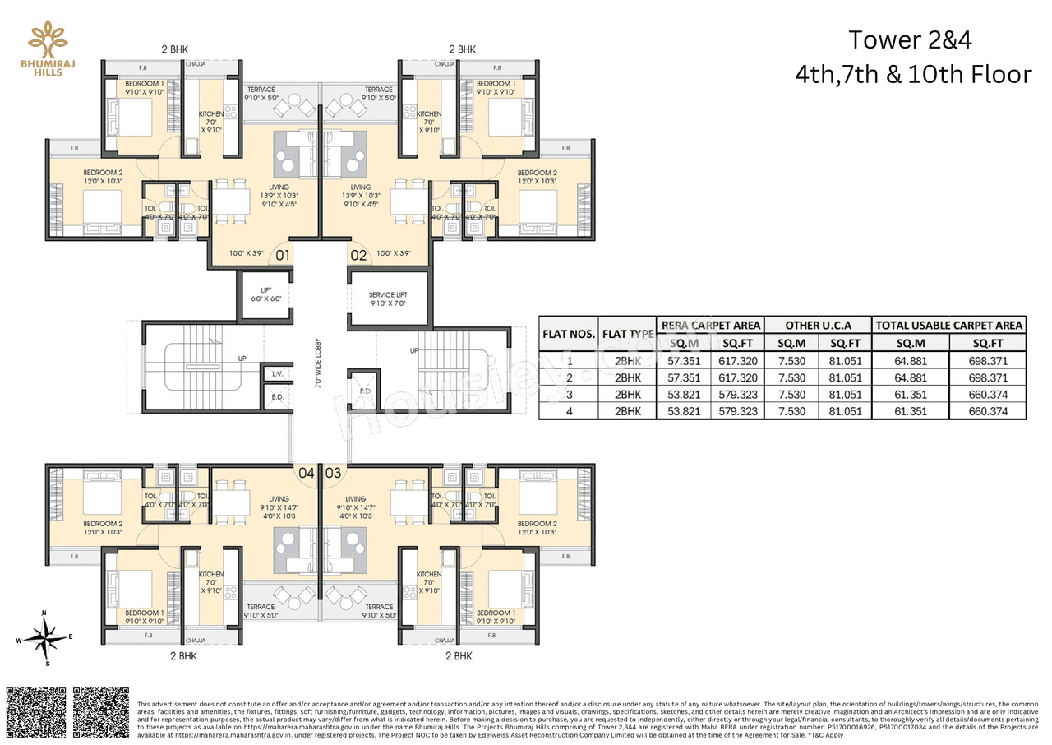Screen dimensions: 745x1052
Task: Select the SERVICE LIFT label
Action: tap(387, 295)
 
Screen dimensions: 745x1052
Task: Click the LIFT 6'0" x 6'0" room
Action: tap(265, 294)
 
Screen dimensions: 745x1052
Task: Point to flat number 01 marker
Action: tap(283, 255)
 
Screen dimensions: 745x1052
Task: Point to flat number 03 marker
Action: tap(334, 473)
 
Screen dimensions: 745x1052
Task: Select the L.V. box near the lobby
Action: tap(277, 374)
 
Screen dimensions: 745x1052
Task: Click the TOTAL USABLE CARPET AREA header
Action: tap(948, 325)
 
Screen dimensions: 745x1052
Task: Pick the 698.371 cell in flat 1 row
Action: tap(988, 360)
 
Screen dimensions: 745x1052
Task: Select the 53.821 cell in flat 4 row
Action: tap(684, 411)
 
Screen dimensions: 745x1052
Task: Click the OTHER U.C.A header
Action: tap(817, 325)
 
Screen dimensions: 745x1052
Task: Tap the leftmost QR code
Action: tap(36, 713)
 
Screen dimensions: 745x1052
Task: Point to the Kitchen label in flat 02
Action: tap(429, 114)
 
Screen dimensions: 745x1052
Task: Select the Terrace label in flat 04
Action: tap(261, 607)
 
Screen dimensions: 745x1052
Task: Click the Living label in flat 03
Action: tap(355, 499)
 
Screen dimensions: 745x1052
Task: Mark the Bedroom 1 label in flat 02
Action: tap(496, 84)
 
